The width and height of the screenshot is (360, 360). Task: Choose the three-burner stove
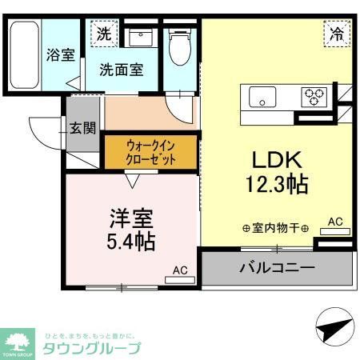(313, 98)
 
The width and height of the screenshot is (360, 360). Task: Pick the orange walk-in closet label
(150, 151)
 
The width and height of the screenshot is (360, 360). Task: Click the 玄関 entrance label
(82, 127)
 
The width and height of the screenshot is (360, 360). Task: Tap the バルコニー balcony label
(276, 266)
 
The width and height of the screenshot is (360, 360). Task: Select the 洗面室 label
(122, 70)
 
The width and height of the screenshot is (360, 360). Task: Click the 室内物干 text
(275, 228)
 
